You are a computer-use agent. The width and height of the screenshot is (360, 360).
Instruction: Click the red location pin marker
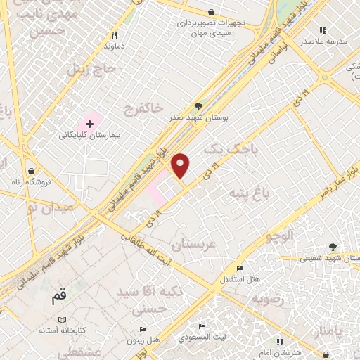click(181, 166)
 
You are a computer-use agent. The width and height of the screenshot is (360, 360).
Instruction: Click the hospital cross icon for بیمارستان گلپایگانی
click(89, 124)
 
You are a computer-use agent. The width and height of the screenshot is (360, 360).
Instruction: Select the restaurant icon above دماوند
click(115, 34)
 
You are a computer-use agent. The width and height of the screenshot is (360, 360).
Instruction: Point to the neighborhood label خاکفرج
click(143, 108)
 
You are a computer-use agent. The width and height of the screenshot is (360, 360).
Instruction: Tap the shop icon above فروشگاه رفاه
click(31, 172)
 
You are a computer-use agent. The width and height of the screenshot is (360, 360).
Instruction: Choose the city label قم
click(60, 297)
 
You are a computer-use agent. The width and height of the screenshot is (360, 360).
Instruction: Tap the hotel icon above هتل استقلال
click(239, 269)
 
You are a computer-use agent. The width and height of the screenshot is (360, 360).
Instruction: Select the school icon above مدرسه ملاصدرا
click(323, 30)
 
